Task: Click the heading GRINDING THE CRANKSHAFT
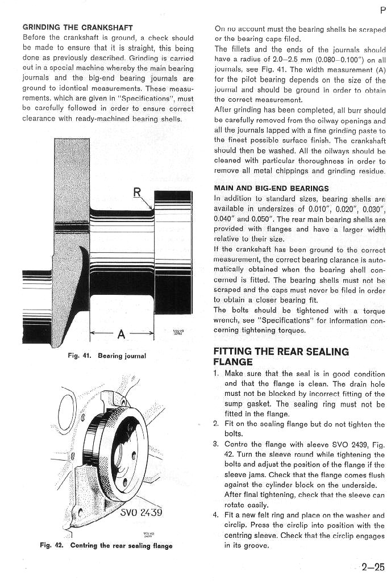point(78,27)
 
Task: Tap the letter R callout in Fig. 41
point(137,192)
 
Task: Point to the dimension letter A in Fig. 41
point(121,335)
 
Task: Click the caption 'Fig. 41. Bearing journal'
point(107,356)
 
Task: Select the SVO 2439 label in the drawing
point(142,512)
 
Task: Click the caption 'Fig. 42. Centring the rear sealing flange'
point(106,545)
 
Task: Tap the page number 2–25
point(373,567)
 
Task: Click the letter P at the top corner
point(383,10)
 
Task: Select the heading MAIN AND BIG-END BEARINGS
point(272,189)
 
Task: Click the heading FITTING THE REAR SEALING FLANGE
point(281,357)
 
